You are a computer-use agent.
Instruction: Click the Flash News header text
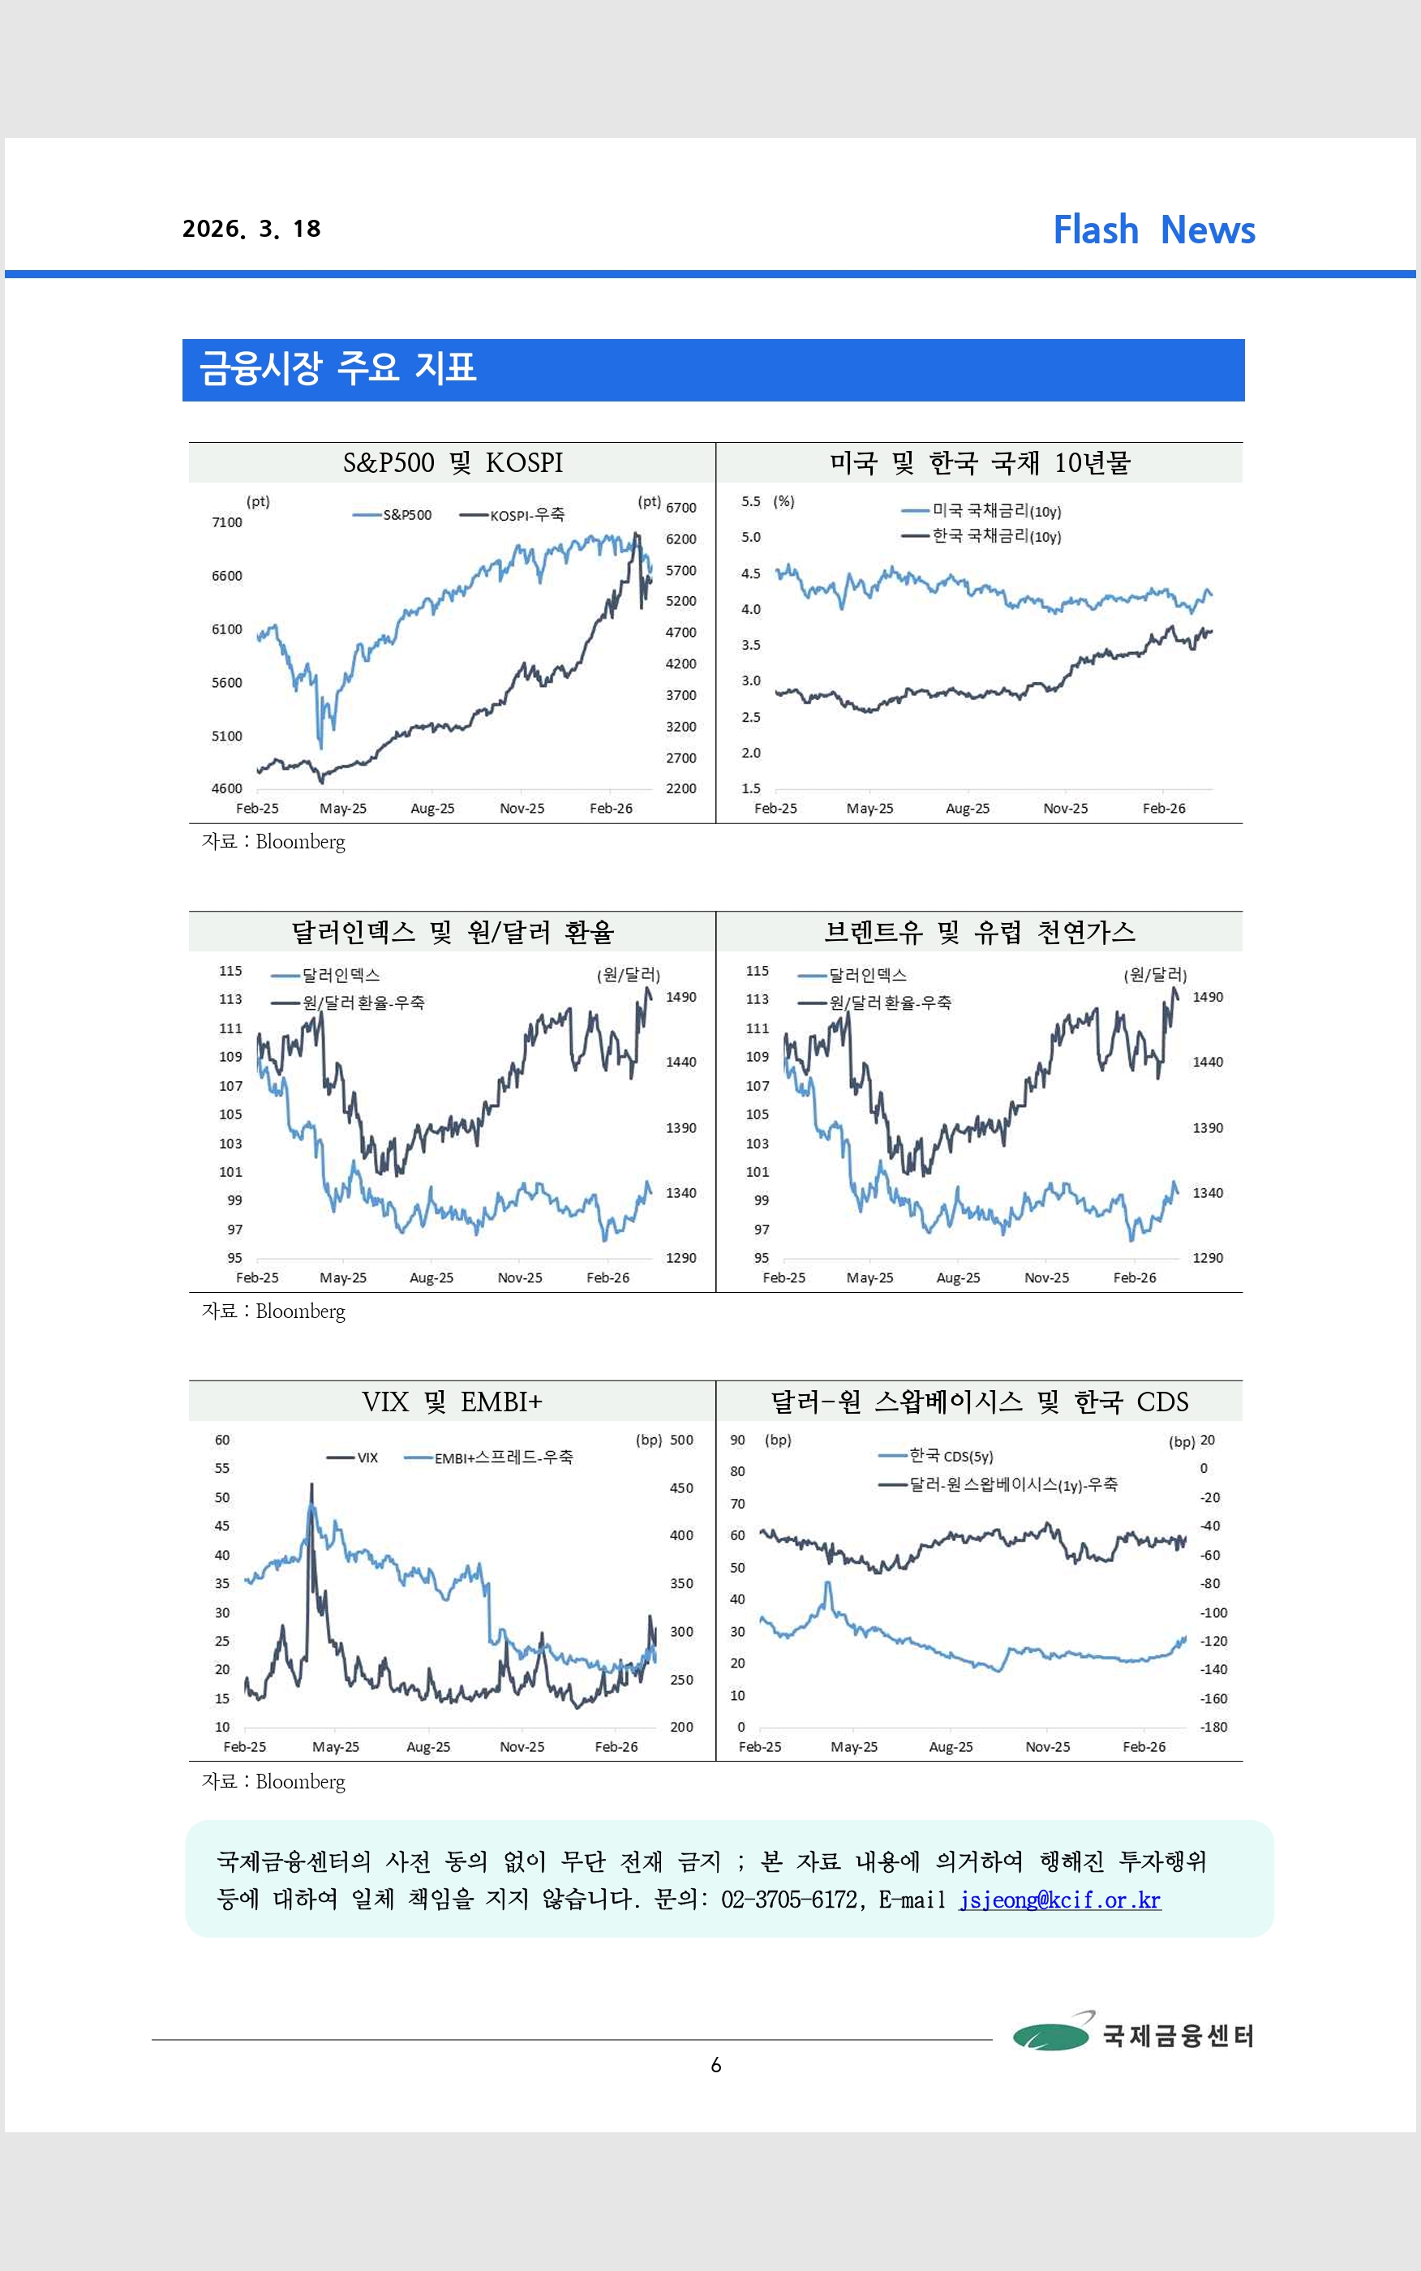1153,230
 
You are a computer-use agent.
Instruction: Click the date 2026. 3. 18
251,230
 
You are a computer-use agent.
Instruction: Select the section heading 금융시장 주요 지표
337,368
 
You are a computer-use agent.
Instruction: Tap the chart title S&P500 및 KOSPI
452,463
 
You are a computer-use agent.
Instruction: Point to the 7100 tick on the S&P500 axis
226,522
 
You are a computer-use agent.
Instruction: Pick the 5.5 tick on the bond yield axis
750,502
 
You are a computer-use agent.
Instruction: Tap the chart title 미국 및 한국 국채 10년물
978,463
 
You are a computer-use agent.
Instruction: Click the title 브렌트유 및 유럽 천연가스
978,932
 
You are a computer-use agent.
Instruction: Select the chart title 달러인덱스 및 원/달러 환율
452,932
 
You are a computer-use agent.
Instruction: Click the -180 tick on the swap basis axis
1213,1727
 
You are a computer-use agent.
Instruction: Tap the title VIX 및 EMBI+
452,1402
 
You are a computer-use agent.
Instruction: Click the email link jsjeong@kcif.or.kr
1059,1900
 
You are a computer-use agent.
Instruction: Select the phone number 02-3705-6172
788,1900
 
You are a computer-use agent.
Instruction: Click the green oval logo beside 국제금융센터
1050,2036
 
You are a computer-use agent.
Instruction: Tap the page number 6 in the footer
716,2065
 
